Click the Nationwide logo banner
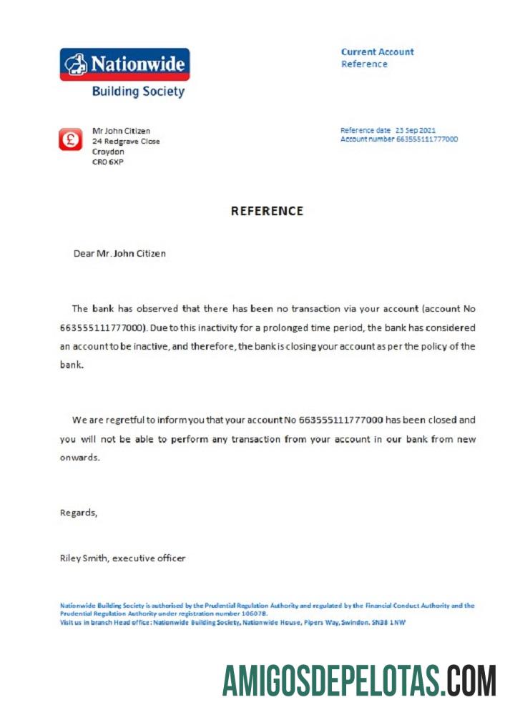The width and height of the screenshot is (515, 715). (124, 64)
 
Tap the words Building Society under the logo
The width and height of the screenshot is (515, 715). (138, 92)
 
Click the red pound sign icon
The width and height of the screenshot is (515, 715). (70, 139)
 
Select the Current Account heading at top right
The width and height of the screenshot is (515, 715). (377, 52)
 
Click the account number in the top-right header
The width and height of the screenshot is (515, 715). (427, 139)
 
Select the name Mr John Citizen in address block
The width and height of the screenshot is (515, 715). (121, 131)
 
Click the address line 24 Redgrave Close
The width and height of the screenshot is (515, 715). (126, 142)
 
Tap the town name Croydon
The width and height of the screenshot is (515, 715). (108, 152)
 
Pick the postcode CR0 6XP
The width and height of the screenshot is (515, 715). (108, 162)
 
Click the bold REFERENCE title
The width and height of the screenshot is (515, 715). (267, 211)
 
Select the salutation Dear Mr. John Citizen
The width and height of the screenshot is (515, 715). (119, 253)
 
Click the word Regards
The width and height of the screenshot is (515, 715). (78, 513)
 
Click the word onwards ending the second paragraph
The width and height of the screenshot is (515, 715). (79, 458)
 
